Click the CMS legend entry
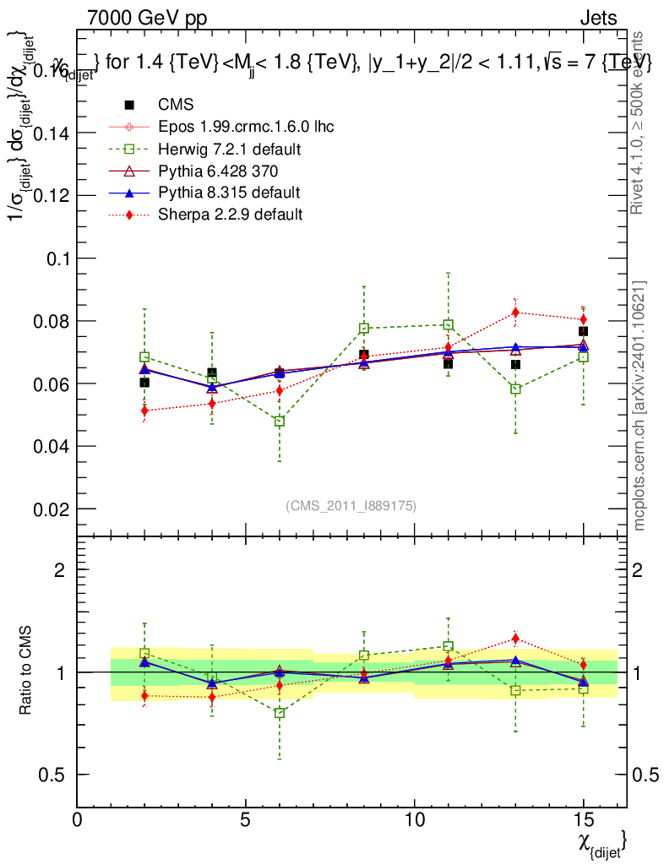click(x=176, y=105)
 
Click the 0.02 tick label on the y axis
click(x=52, y=509)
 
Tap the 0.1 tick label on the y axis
click(x=59, y=258)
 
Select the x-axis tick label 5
click(x=246, y=820)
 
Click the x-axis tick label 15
click(x=583, y=820)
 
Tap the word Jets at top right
click(x=598, y=18)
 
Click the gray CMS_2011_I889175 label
click(x=351, y=505)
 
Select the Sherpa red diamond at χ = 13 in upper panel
click(x=515, y=313)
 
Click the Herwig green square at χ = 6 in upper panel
click(x=280, y=421)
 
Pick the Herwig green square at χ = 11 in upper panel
click(x=448, y=324)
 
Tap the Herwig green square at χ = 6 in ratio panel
click(x=280, y=713)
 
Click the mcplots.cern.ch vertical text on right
click(x=640, y=405)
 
